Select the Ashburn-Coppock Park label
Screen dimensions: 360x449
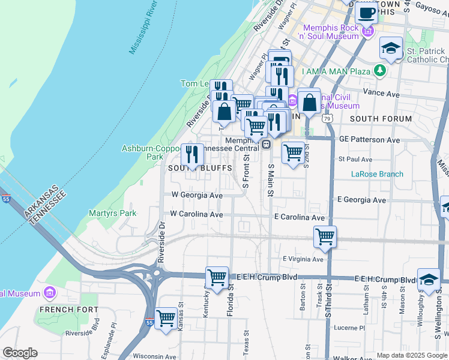pos(143,152)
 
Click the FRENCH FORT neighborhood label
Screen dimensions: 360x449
pos(60,310)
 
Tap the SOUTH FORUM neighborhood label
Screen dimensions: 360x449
pos(381,119)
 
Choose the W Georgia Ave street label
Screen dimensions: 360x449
pos(197,195)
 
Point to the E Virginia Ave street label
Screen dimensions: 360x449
pos(303,259)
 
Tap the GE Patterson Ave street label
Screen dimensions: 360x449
pos(369,139)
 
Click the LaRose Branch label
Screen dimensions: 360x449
pos(377,175)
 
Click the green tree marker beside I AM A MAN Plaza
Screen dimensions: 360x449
pos(379,71)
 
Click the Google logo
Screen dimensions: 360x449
pos(20,353)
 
